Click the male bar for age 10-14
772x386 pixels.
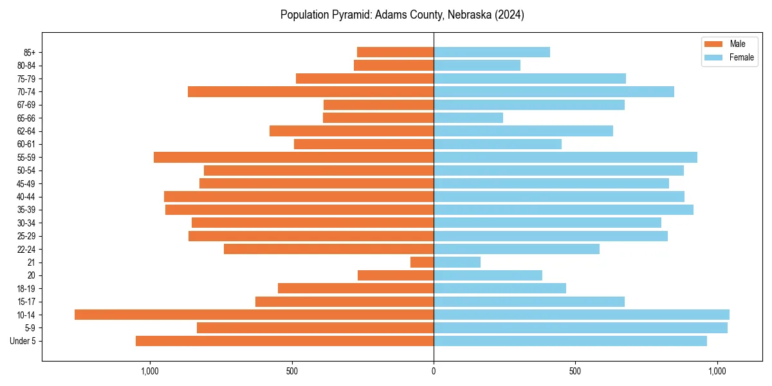point(254,315)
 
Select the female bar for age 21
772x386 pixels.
point(457,262)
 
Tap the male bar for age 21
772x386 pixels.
point(422,262)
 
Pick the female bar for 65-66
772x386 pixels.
point(468,118)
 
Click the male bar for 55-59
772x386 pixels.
point(293,157)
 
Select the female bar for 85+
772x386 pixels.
point(492,52)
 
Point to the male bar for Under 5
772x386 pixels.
point(284,341)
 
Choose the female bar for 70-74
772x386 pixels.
point(554,91)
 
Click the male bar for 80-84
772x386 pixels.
point(394,65)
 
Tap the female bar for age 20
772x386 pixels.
point(488,275)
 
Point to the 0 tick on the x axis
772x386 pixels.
point(434,371)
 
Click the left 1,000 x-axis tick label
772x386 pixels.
point(149,371)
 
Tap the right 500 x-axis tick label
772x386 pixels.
point(575,371)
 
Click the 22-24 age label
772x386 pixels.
point(26,249)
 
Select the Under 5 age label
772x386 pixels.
point(23,341)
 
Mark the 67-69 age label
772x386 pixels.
point(26,105)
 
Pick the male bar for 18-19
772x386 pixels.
point(356,288)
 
